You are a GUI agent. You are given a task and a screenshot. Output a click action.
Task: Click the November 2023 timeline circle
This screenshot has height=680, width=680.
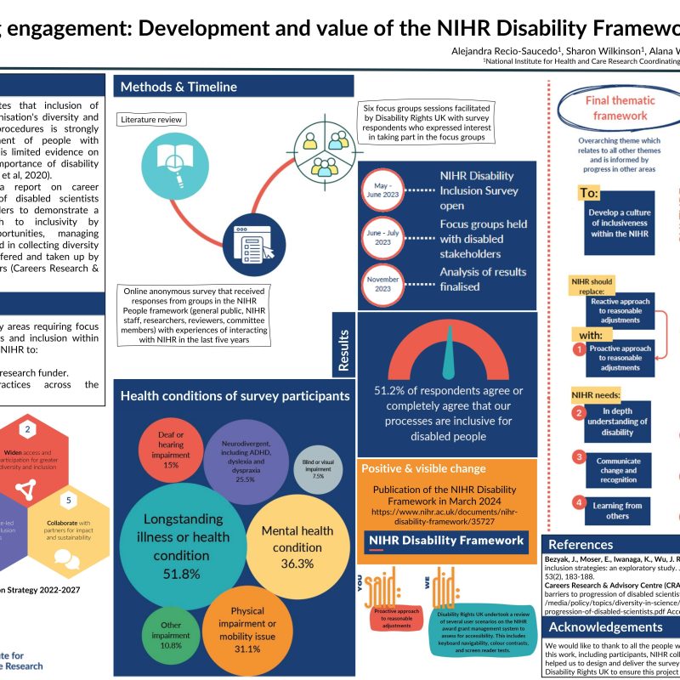pos(379,283)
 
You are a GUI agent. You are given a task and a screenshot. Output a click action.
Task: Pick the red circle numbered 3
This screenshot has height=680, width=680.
pos(578,457)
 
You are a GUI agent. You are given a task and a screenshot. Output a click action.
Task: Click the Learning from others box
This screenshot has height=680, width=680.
pos(617,510)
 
